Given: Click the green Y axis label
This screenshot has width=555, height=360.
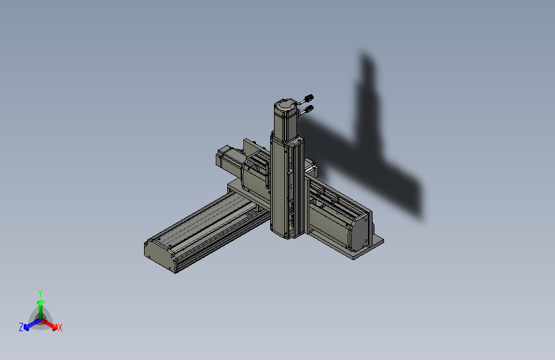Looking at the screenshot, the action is [x=40, y=293].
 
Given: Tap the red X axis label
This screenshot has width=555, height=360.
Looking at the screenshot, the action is [x=60, y=328].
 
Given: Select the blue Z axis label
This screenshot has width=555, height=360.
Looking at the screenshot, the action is [x=21, y=327].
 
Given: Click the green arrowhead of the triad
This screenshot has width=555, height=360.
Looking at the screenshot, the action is [x=41, y=302].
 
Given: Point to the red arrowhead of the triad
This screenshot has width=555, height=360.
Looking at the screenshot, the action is [x=54, y=327].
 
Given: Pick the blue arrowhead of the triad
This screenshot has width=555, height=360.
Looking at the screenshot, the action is [x=26, y=327].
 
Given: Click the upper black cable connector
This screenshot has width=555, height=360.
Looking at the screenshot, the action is [x=309, y=98].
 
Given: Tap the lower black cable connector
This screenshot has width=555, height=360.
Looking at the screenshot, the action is [x=309, y=109].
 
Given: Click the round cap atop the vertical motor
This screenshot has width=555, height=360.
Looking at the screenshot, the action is [x=285, y=105].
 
